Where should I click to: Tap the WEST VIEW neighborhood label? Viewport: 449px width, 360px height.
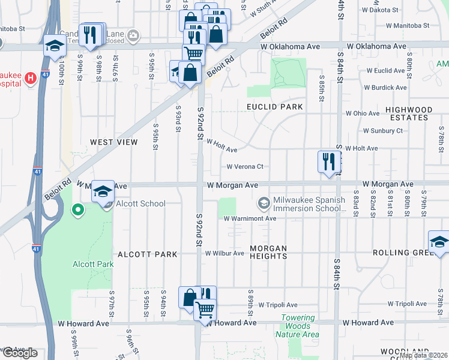[x=113, y=142]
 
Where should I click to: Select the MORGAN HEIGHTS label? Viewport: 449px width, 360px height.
[x=268, y=252]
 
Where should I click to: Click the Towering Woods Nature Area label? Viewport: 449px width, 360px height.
[x=298, y=326]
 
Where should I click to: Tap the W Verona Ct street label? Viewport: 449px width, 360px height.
[x=245, y=167]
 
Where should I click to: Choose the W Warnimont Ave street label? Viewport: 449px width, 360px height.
[x=250, y=218]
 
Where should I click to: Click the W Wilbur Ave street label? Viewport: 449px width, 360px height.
[x=224, y=253]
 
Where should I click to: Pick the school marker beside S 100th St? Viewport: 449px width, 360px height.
[x=55, y=45]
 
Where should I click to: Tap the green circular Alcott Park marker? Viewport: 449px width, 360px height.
[x=77, y=210]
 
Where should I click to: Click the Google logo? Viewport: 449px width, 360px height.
[x=19, y=353]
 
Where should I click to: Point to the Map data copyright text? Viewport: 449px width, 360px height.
[x=423, y=355]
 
